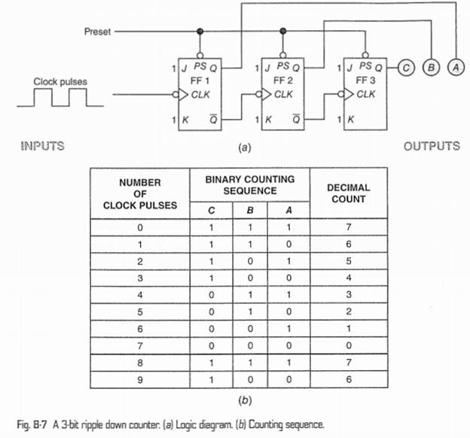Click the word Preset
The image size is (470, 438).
point(98,32)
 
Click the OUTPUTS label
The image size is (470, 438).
point(432,145)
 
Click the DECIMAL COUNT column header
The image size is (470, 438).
point(347,193)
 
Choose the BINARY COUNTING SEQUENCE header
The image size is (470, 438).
point(249,186)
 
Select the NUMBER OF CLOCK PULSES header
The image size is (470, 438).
point(140,193)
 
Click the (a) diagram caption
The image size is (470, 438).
point(243,148)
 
